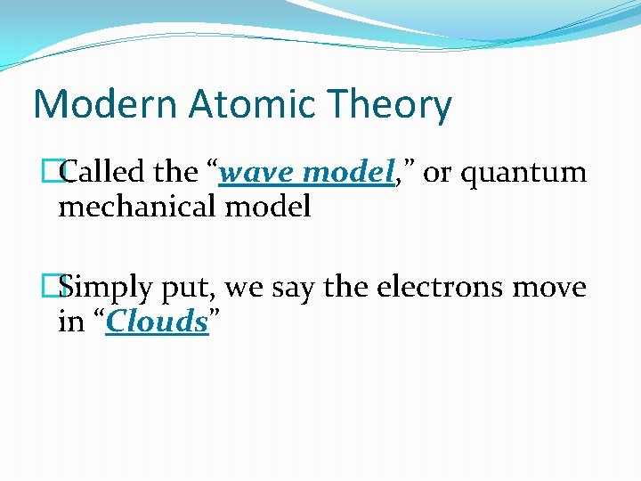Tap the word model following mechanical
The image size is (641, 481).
point(268,208)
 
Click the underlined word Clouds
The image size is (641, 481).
point(157,322)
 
